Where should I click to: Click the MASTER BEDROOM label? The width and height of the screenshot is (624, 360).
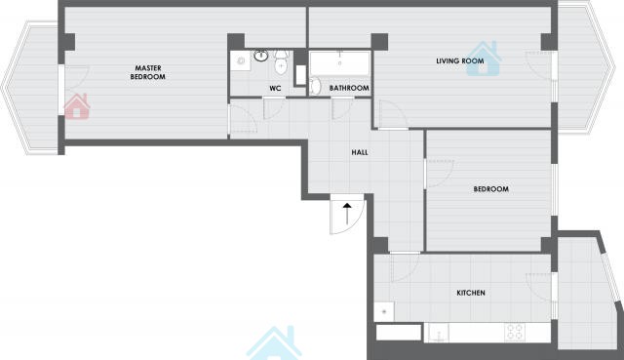tap(147, 72)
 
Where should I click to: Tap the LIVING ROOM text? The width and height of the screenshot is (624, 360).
tap(460, 60)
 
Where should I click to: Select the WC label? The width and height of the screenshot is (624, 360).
tap(275, 88)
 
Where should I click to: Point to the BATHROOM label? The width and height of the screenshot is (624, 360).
tap(349, 88)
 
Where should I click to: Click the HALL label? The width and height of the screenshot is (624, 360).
tap(360, 152)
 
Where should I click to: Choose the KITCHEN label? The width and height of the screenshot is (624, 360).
tap(471, 293)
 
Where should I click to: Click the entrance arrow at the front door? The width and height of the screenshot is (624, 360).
tap(347, 214)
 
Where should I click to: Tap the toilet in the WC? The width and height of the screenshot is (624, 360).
tap(281, 62)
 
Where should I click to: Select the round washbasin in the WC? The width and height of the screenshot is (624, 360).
tap(261, 56)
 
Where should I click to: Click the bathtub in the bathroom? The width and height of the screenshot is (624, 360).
tap(340, 63)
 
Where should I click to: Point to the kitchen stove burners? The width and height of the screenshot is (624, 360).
tap(515, 332)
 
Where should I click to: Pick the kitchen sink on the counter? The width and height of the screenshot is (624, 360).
tap(439, 333)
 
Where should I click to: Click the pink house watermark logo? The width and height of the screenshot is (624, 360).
tap(77, 106)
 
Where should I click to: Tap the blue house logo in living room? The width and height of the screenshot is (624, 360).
tap(484, 59)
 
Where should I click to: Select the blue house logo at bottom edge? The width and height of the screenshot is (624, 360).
tap(274, 343)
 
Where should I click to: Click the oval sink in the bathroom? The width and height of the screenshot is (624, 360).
tap(315, 86)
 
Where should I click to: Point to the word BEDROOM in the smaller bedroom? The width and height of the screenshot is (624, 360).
tap(491, 188)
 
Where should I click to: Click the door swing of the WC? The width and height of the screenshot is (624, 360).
tap(275, 108)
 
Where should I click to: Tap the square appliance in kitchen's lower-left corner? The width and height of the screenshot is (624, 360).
tap(384, 311)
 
